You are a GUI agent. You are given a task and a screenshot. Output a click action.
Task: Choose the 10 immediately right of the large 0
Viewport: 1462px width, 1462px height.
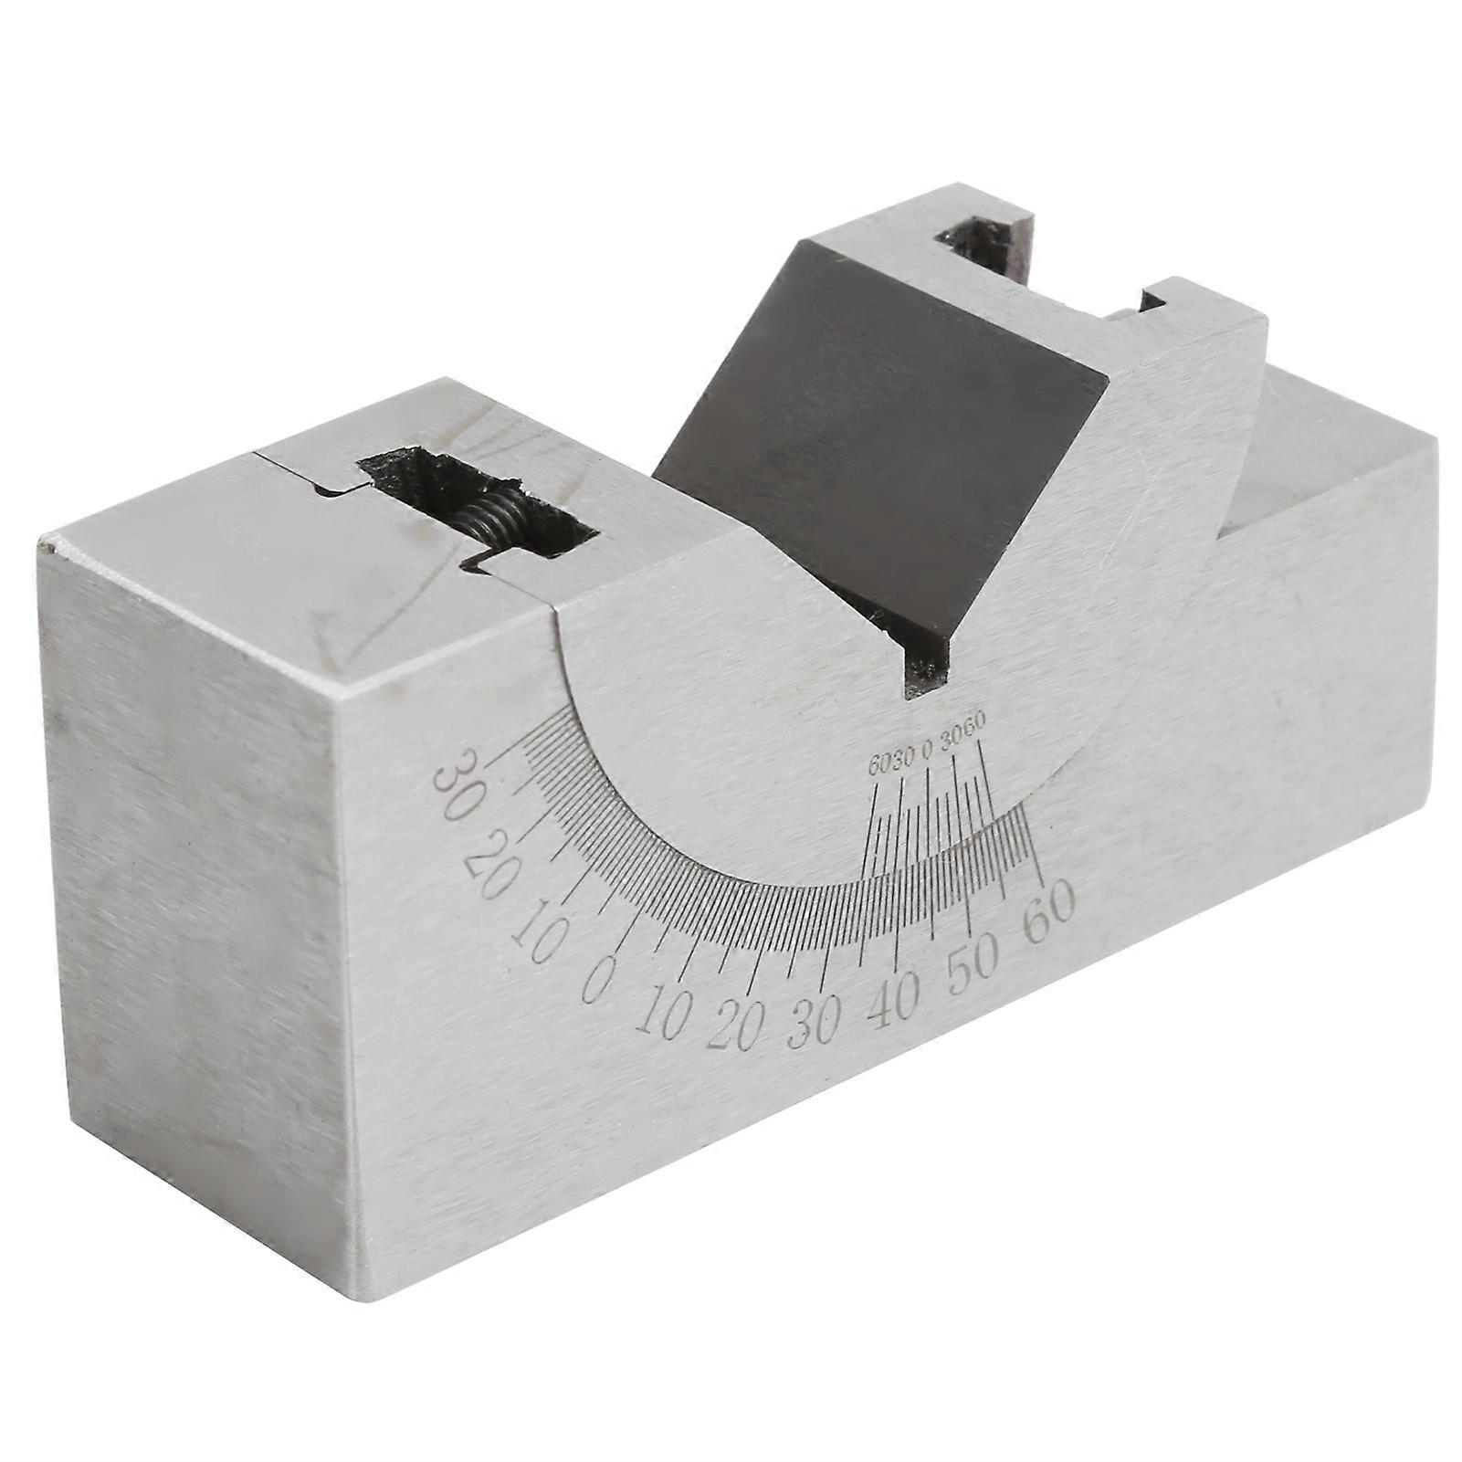[659, 1014]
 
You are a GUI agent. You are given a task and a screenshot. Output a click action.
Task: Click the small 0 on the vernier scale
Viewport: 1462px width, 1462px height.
[926, 752]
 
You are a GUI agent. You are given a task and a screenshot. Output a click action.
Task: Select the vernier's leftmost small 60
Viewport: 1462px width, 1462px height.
[878, 765]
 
